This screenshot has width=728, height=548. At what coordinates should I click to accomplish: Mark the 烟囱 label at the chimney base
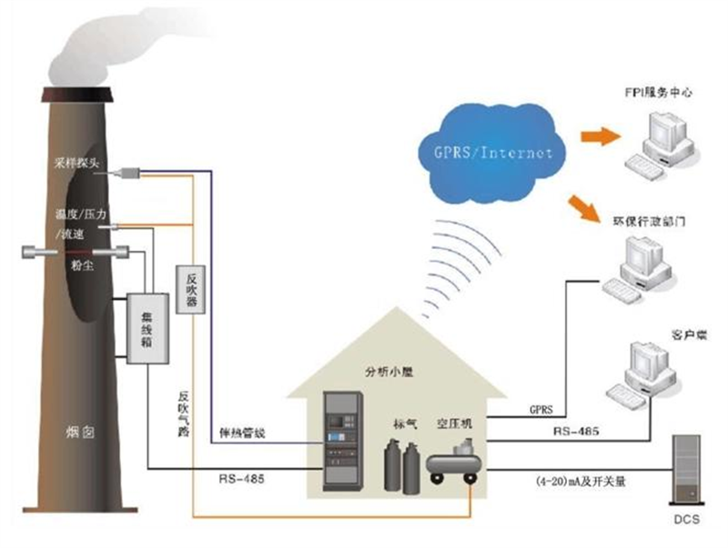tap(81, 432)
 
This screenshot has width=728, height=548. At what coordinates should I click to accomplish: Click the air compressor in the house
tap(452, 460)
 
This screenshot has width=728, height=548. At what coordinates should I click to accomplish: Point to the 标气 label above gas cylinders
tap(404, 423)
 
